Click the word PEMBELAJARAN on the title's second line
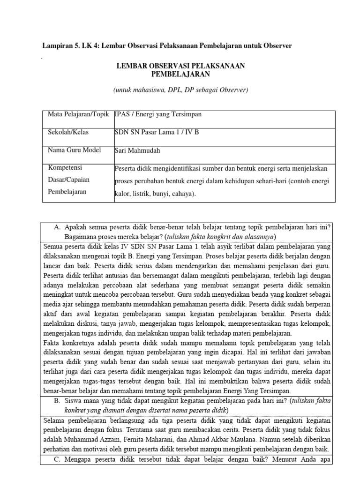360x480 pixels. (x=180, y=74)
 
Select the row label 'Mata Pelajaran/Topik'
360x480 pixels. (x=78, y=115)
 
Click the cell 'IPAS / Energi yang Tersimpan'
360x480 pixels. (x=158, y=115)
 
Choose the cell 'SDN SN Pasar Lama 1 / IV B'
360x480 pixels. (x=157, y=133)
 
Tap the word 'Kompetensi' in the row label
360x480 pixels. (x=65, y=168)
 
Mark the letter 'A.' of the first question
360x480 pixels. (x=58, y=227)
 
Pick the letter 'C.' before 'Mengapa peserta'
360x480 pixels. (x=58, y=460)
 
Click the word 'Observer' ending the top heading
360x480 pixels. (x=277, y=45)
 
